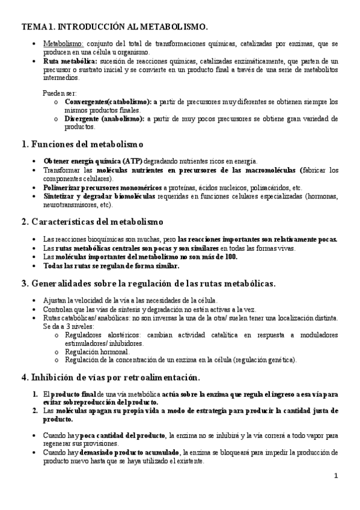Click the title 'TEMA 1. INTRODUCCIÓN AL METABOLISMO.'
pyautogui.click(x=115, y=27)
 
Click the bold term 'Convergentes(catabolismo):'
pyautogui.click(x=105, y=102)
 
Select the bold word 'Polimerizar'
pyautogui.click(x=63, y=188)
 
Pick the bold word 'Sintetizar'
pyautogui.click(x=61, y=196)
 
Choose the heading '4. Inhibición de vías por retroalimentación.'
pyautogui.click(x=109, y=377)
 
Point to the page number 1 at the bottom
pyautogui.click(x=337, y=476)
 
